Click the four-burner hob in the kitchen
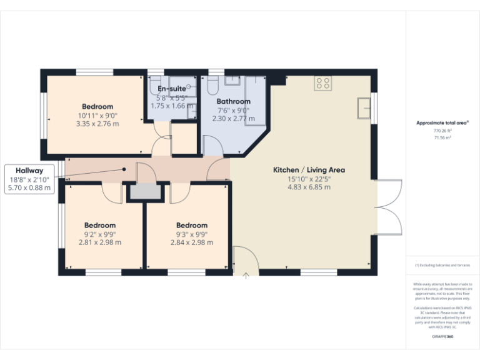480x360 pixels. click(323, 82)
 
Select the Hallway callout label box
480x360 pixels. click(30, 178)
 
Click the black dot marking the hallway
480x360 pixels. click(124, 169)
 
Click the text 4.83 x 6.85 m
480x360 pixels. click(309, 187)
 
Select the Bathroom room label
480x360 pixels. click(233, 101)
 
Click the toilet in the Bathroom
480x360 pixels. click(213, 84)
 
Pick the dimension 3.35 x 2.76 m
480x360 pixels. click(97, 124)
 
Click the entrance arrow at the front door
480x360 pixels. click(246, 274)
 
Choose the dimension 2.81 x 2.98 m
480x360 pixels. click(100, 242)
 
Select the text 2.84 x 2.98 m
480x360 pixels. click(191, 242)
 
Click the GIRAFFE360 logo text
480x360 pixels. click(443, 337)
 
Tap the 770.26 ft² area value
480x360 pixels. click(442, 131)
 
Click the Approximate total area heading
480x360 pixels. click(442, 123)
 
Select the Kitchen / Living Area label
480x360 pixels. click(309, 170)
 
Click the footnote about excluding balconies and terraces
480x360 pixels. click(442, 266)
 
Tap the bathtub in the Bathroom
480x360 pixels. click(256, 100)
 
